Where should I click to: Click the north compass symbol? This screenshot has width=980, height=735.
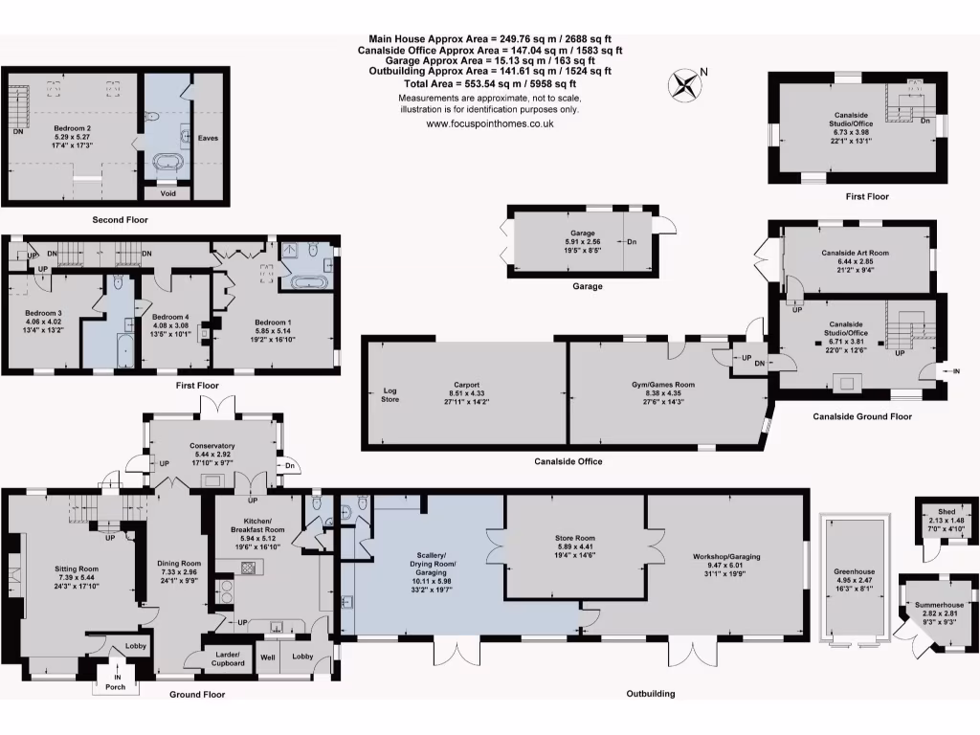tap(686, 85)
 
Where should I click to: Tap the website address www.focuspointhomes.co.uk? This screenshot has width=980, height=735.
tap(489, 123)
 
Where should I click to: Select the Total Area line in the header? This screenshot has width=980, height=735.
tap(489, 84)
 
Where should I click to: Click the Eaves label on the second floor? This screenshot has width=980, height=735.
tap(208, 138)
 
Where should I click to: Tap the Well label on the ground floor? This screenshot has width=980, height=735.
tap(268, 656)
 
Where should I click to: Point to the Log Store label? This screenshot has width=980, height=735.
tap(390, 395)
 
